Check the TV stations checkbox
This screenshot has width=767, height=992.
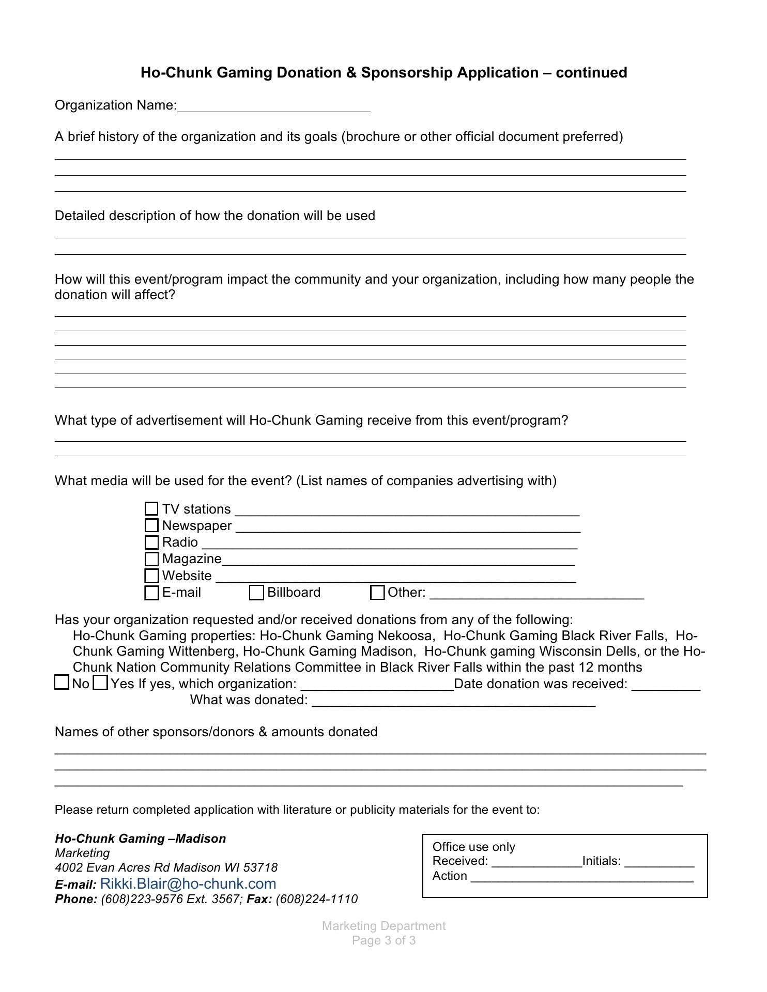[x=151, y=509]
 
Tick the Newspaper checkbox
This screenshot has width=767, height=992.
[x=151, y=525]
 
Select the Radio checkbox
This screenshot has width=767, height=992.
[x=151, y=542]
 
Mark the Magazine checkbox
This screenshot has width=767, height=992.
[x=151, y=559]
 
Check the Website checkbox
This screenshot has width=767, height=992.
[x=151, y=576]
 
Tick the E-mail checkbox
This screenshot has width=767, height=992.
[x=151, y=593]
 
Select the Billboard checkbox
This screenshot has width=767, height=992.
[x=256, y=593]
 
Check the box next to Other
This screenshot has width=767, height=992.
[x=377, y=593]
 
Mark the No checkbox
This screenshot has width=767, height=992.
[x=62, y=683]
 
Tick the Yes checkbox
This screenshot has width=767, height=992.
[x=100, y=683]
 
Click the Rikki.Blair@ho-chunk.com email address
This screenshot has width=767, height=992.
[x=188, y=884]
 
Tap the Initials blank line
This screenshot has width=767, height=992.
[x=659, y=862]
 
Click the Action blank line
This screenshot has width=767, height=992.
[x=581, y=877]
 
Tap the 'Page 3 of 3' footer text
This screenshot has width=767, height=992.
[x=383, y=940]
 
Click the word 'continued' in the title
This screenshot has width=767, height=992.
[x=591, y=72]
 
